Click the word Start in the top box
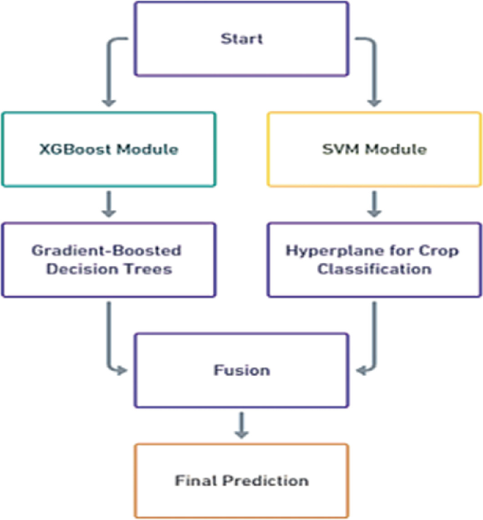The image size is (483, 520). point(241,38)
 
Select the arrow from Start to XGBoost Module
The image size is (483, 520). point(109,71)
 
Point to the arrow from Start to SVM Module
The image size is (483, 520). point(374,71)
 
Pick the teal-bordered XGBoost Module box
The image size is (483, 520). point(108,169)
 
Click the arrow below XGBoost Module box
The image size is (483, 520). point(108,205)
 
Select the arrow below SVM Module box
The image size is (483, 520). point(374,205)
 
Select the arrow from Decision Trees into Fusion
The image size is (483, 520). point(109,339)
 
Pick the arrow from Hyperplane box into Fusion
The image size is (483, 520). point(373,339)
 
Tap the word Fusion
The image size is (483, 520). point(241,370)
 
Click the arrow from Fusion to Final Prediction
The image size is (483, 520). point(241,425)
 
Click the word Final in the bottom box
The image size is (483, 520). point(192,480)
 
